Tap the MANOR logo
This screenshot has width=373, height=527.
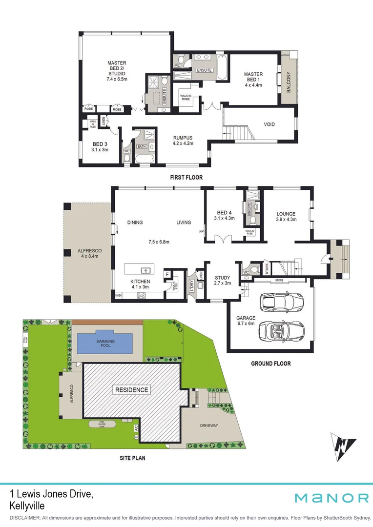[331, 498]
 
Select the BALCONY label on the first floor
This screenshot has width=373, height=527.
[289, 81]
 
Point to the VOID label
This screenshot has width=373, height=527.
[269, 124]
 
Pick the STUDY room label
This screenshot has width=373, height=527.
[222, 279]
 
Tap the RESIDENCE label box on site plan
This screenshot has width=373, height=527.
[131, 390]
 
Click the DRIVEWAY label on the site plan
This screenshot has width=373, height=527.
[209, 426]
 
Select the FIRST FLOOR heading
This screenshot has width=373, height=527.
[186, 178]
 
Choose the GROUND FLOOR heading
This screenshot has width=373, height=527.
[270, 364]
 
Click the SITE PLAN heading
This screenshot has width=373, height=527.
[132, 458]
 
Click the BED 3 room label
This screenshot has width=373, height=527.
[100, 144]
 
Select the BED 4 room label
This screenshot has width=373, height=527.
[225, 212]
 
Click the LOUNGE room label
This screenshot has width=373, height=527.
[286, 213]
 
